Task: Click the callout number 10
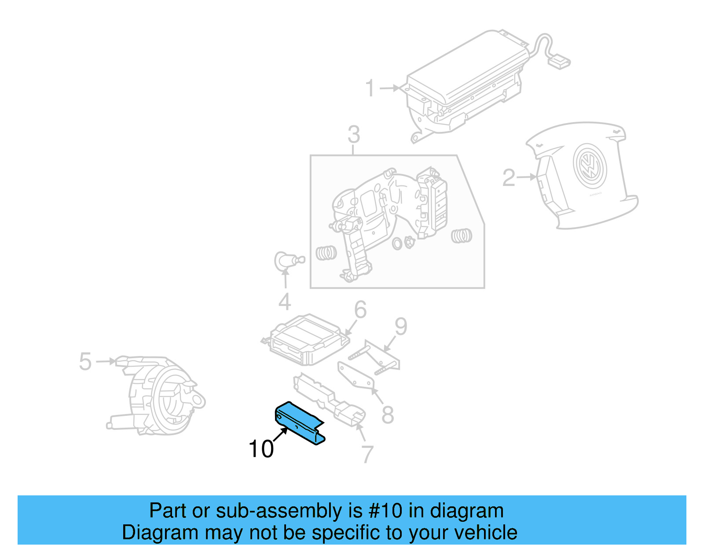(x=261, y=449)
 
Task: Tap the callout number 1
(x=370, y=88)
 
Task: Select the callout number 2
(x=509, y=178)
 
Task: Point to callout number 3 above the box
(x=353, y=135)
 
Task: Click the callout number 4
(x=285, y=302)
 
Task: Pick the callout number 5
(x=85, y=362)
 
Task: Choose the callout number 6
(x=360, y=309)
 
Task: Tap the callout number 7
(x=367, y=454)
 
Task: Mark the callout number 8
(x=387, y=414)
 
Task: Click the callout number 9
(x=401, y=327)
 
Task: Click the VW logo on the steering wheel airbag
(x=590, y=167)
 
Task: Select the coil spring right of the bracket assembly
(x=462, y=236)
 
